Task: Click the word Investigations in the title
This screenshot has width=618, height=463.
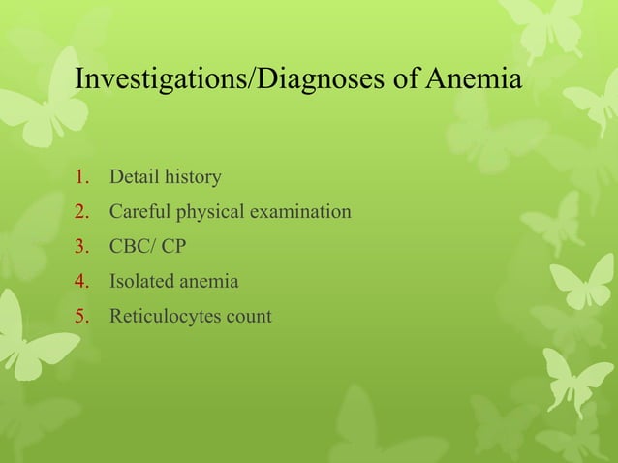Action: [162, 79]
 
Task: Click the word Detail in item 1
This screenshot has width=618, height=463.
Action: [133, 178]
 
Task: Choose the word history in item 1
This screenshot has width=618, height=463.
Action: [191, 178]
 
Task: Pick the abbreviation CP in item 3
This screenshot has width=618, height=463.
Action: [173, 247]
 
